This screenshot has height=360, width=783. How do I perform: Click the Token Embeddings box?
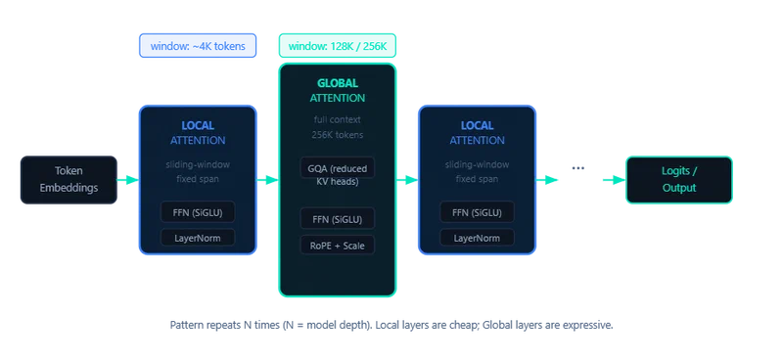[x=68, y=180]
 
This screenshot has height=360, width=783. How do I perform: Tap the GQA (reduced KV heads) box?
[x=337, y=173]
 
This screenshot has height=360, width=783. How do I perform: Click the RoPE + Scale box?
[x=337, y=245]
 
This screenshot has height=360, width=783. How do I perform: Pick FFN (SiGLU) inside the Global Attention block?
[x=337, y=218]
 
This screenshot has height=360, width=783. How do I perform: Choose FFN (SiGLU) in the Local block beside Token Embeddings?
[x=198, y=212]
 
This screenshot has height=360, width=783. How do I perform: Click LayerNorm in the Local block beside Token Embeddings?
[x=198, y=238]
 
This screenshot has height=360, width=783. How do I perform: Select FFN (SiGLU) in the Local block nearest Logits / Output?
[x=477, y=212]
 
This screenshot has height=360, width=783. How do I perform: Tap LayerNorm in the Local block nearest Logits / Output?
[x=477, y=238]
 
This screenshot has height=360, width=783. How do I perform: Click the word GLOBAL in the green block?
[x=337, y=83]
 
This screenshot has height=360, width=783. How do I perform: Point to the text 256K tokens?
[x=337, y=135]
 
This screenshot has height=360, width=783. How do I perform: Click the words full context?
[x=337, y=120]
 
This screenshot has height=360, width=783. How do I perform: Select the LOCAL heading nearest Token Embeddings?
[x=198, y=125]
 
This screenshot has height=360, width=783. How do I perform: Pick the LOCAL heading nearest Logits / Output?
[x=477, y=125]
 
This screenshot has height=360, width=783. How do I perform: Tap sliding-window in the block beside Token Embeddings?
[x=198, y=165]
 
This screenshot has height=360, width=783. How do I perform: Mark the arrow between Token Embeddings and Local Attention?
[x=125, y=180]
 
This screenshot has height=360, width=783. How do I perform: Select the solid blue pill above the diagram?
[x=196, y=44]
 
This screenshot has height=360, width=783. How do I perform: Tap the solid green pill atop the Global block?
[x=337, y=44]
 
